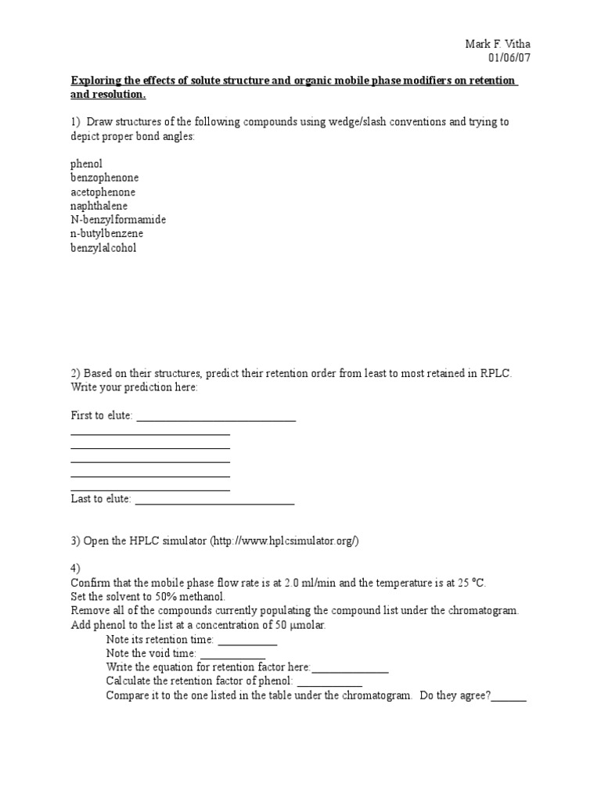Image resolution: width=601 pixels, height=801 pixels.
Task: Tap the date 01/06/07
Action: point(509,58)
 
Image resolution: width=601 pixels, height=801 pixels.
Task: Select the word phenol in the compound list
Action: point(86,163)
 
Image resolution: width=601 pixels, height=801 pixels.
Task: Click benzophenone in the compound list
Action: point(104,178)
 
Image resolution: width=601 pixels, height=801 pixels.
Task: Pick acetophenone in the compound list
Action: point(103,192)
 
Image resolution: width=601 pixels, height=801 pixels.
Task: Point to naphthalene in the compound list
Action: point(99,206)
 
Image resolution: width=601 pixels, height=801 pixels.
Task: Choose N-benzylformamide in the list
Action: point(118,220)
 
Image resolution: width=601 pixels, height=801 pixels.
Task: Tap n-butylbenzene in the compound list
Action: point(106,234)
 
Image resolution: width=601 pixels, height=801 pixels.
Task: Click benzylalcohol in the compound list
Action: point(103,248)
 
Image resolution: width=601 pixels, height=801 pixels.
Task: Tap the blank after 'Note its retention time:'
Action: point(247,641)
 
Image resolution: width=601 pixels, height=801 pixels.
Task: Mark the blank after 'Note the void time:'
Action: point(232,656)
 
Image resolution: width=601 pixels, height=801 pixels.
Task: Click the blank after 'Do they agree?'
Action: point(509,698)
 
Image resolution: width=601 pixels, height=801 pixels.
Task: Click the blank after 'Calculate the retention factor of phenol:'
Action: point(329,684)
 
